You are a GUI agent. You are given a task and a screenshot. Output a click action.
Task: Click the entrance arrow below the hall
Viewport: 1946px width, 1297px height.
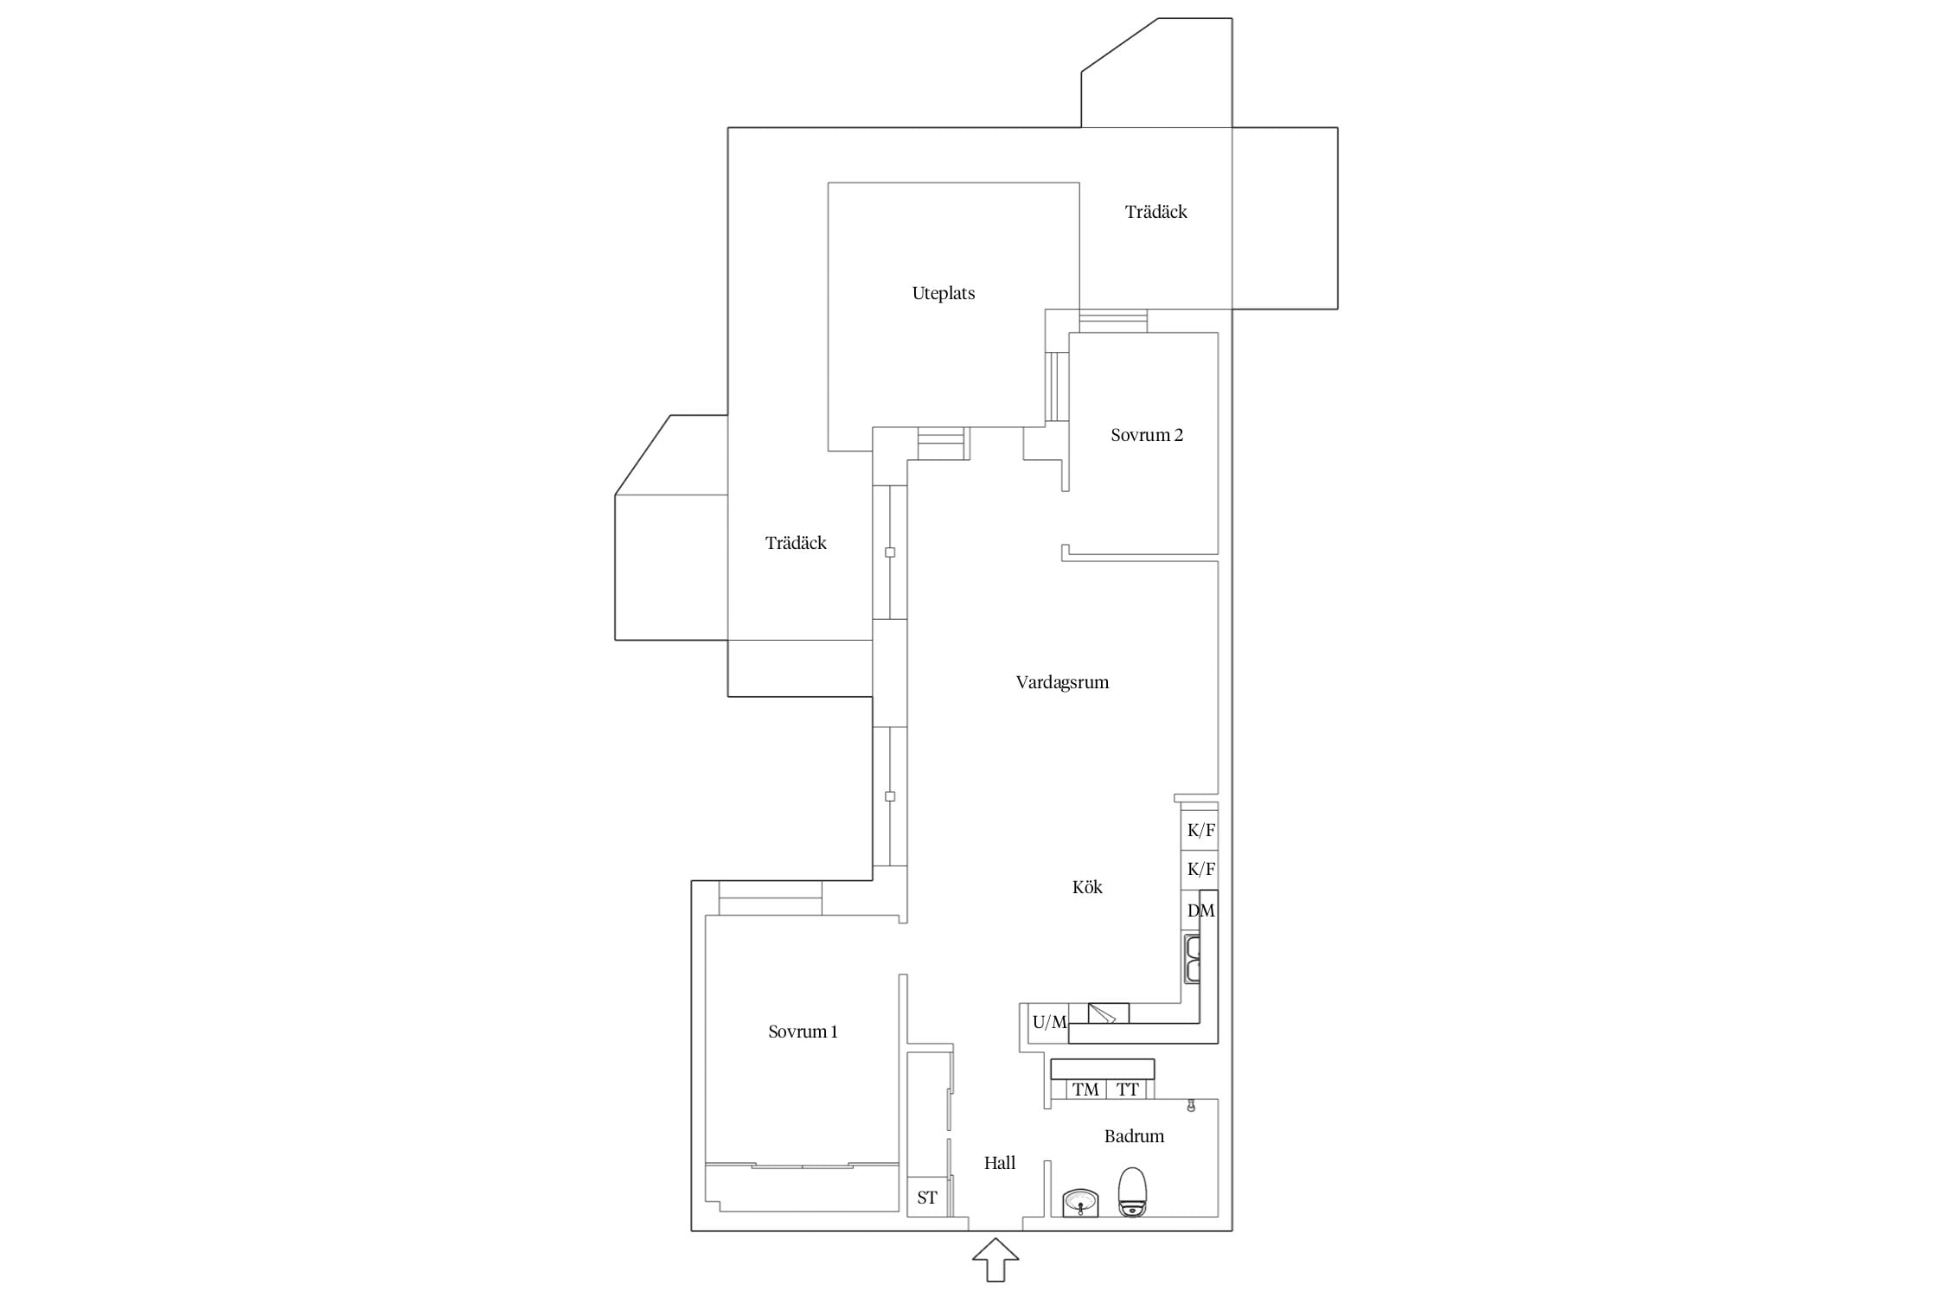click(995, 1260)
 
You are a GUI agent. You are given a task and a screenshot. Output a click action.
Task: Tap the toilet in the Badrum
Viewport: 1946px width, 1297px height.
click(1132, 1192)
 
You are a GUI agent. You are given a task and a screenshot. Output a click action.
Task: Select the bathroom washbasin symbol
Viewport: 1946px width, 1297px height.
click(1080, 1203)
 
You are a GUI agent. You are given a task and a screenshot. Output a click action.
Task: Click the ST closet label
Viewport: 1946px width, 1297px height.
click(927, 1198)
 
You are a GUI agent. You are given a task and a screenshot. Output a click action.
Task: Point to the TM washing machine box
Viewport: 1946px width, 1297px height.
click(1085, 1089)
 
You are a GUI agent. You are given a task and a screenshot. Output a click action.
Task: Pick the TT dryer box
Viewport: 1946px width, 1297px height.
click(1127, 1089)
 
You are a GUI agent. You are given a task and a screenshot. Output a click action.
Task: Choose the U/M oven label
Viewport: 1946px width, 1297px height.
click(1050, 1022)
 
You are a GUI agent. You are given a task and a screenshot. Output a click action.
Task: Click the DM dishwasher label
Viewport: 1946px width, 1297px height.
click(1201, 910)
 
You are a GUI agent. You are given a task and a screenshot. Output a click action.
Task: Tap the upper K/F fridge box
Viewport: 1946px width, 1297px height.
click(1200, 830)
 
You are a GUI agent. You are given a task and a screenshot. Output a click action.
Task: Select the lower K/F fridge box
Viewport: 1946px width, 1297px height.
click(1200, 870)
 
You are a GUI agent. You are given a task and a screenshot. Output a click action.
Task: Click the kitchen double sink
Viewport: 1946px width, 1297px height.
click(1193, 958)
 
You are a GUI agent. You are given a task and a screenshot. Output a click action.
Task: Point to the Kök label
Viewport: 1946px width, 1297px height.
click(1087, 887)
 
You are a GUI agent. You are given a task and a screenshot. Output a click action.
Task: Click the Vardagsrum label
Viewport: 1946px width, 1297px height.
click(1062, 682)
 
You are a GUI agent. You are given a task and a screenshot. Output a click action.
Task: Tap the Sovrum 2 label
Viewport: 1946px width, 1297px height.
click(1147, 435)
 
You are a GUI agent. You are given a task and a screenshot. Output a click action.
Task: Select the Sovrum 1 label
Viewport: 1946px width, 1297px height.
click(803, 1032)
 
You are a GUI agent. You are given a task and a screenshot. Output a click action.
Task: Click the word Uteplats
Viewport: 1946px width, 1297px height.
click(944, 293)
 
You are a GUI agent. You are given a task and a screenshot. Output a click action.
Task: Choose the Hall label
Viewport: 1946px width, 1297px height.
click(1000, 1163)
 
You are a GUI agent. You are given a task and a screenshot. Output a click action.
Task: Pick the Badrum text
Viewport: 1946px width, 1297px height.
click(1134, 1136)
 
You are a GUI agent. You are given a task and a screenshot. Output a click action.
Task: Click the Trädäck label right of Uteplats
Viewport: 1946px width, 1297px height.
click(1155, 212)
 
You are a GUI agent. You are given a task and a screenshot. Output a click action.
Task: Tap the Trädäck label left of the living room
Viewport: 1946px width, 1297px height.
click(796, 543)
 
